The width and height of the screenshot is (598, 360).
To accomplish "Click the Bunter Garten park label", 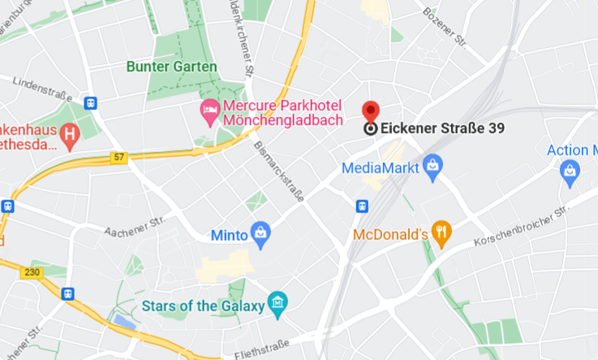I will pyautogui.click(x=171, y=66).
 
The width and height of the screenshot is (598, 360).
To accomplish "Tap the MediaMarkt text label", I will pyautogui.click(x=380, y=169).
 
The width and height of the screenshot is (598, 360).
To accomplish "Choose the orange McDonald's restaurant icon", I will pyautogui.click(x=441, y=234).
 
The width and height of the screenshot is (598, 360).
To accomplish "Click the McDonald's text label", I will pyautogui.click(x=390, y=234).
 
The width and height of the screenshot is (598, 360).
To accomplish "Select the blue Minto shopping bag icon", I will pyautogui.click(x=260, y=234).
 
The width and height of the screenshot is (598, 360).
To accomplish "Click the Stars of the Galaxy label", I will pyautogui.click(x=201, y=306).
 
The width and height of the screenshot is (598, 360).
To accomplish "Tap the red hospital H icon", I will pyautogui.click(x=71, y=134).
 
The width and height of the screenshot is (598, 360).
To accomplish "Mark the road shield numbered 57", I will pyautogui.click(x=120, y=157).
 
